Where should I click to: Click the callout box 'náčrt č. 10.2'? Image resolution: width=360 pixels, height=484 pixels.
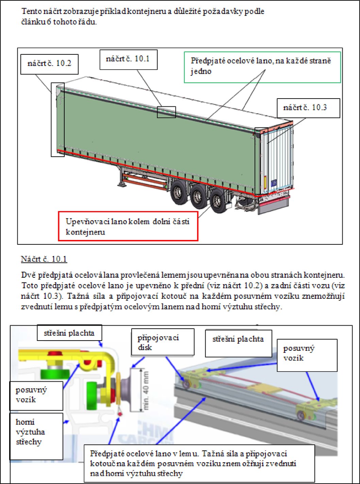pos(49,64)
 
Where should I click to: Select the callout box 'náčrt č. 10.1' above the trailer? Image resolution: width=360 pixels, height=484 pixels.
pos(128,59)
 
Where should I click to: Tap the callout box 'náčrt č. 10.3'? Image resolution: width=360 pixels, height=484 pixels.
pos(308,108)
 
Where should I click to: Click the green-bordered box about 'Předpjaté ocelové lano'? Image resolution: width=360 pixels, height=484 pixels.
pos(262,67)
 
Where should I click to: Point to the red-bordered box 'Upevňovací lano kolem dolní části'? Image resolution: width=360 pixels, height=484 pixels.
pos(128,226)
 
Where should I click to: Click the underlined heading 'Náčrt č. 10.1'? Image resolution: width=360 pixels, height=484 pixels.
pos(44,259)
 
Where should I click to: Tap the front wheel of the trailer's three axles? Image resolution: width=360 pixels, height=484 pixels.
pos(178,192)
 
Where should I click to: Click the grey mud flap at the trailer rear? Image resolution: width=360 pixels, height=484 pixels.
pos(273,206)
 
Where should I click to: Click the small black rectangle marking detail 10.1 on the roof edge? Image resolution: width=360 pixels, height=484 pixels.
pos(166,112)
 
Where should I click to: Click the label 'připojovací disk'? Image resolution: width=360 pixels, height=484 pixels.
pos(162,342)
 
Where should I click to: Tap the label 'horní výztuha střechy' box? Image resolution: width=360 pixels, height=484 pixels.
pos(36,436)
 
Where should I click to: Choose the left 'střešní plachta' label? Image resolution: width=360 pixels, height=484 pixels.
pos(69,333)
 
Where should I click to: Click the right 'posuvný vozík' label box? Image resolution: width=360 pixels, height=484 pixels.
pos(307,355)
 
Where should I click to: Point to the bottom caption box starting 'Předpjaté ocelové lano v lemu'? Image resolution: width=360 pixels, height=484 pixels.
pos(199,463)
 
